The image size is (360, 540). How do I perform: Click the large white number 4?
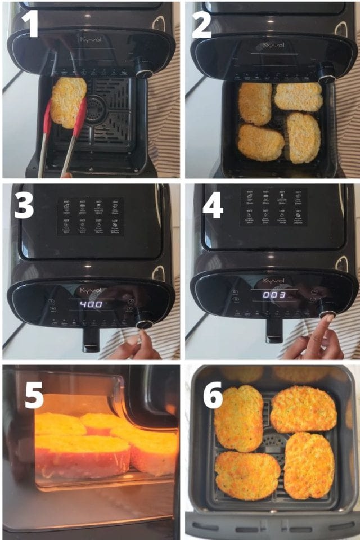point(213,206)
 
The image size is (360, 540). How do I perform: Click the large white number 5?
point(34,397)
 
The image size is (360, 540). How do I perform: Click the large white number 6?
point(213,397)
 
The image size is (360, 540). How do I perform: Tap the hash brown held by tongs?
point(68,101)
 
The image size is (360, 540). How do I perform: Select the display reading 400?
point(89,304)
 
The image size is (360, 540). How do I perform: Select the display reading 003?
point(274,295)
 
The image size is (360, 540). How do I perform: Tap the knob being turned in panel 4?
point(326,308)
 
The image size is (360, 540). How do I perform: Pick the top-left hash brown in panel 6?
point(238,417)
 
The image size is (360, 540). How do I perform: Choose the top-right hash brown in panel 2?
point(298,97)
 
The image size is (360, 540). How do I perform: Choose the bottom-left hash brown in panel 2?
point(260,142)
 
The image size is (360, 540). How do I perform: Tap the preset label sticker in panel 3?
point(90,215)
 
